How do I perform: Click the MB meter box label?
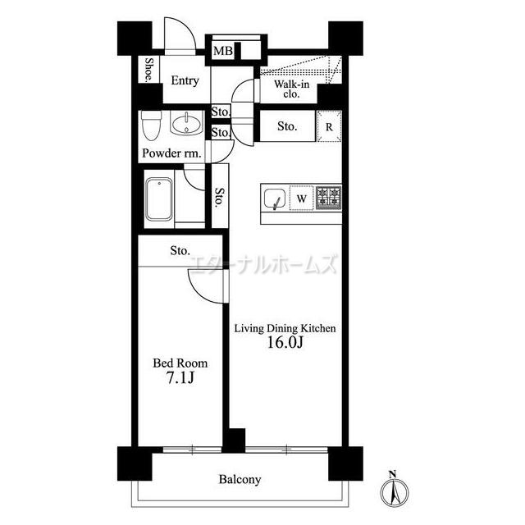tap(223, 51)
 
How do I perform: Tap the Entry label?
tap(185, 80)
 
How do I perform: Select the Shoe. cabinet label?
tap(149, 70)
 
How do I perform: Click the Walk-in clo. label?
tap(291, 89)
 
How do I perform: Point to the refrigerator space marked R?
tap(330, 127)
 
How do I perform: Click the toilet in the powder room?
tap(151, 126)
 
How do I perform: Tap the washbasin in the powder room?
tap(187, 123)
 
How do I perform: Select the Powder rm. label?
tap(171, 153)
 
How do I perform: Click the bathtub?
tap(159, 199)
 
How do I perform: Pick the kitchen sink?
tap(275, 199)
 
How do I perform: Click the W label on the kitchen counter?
tap(302, 199)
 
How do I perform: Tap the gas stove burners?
tap(328, 198)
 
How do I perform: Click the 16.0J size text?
tap(285, 343)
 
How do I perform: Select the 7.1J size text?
tap(180, 377)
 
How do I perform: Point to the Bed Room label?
tap(180, 363)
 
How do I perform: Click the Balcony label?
tap(240, 479)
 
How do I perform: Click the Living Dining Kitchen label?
tap(285, 328)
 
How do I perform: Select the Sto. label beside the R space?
tap(287, 126)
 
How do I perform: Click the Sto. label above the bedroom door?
tap(180, 250)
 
